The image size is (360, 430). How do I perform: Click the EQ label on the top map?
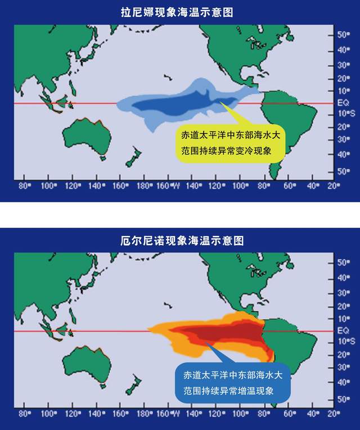tap(343, 103)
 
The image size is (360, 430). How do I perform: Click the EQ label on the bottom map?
tap(343, 331)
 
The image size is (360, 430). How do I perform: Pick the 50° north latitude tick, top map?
tap(343, 34)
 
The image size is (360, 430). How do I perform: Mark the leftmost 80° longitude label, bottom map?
tap(25, 413)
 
